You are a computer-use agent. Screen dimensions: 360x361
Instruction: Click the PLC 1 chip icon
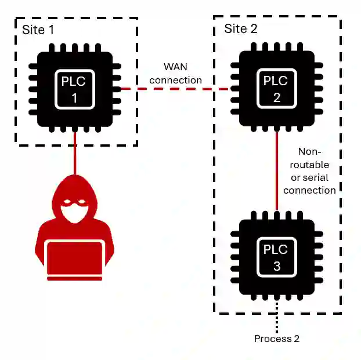point(74,89)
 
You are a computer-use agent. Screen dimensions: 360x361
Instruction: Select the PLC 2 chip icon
point(276,89)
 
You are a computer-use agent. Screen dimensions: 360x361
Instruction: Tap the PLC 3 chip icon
point(276,257)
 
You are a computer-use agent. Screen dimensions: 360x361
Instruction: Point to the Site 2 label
point(240,28)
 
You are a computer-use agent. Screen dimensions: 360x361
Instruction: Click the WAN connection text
point(175,74)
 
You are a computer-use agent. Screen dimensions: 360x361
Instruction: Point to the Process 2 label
point(277,339)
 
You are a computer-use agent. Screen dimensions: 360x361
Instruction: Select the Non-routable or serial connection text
point(313,170)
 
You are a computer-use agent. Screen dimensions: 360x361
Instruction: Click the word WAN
point(175,67)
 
